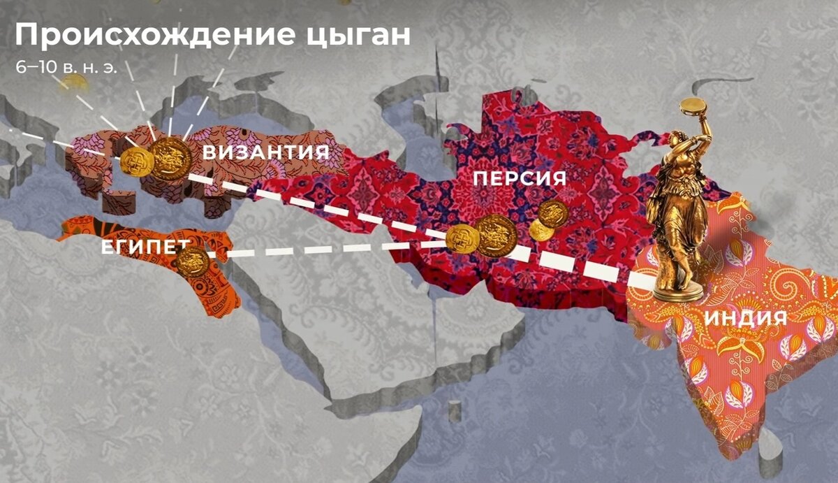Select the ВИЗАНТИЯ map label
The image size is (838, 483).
(x=266, y=153)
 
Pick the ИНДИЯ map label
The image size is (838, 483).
(x=745, y=319)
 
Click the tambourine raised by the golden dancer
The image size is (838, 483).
(x=693, y=107)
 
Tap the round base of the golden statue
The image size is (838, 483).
(x=678, y=289)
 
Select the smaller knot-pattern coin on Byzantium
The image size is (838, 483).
(x=136, y=161)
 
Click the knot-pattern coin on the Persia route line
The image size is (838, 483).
(x=462, y=239)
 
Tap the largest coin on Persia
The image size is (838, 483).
(x=496, y=233)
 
